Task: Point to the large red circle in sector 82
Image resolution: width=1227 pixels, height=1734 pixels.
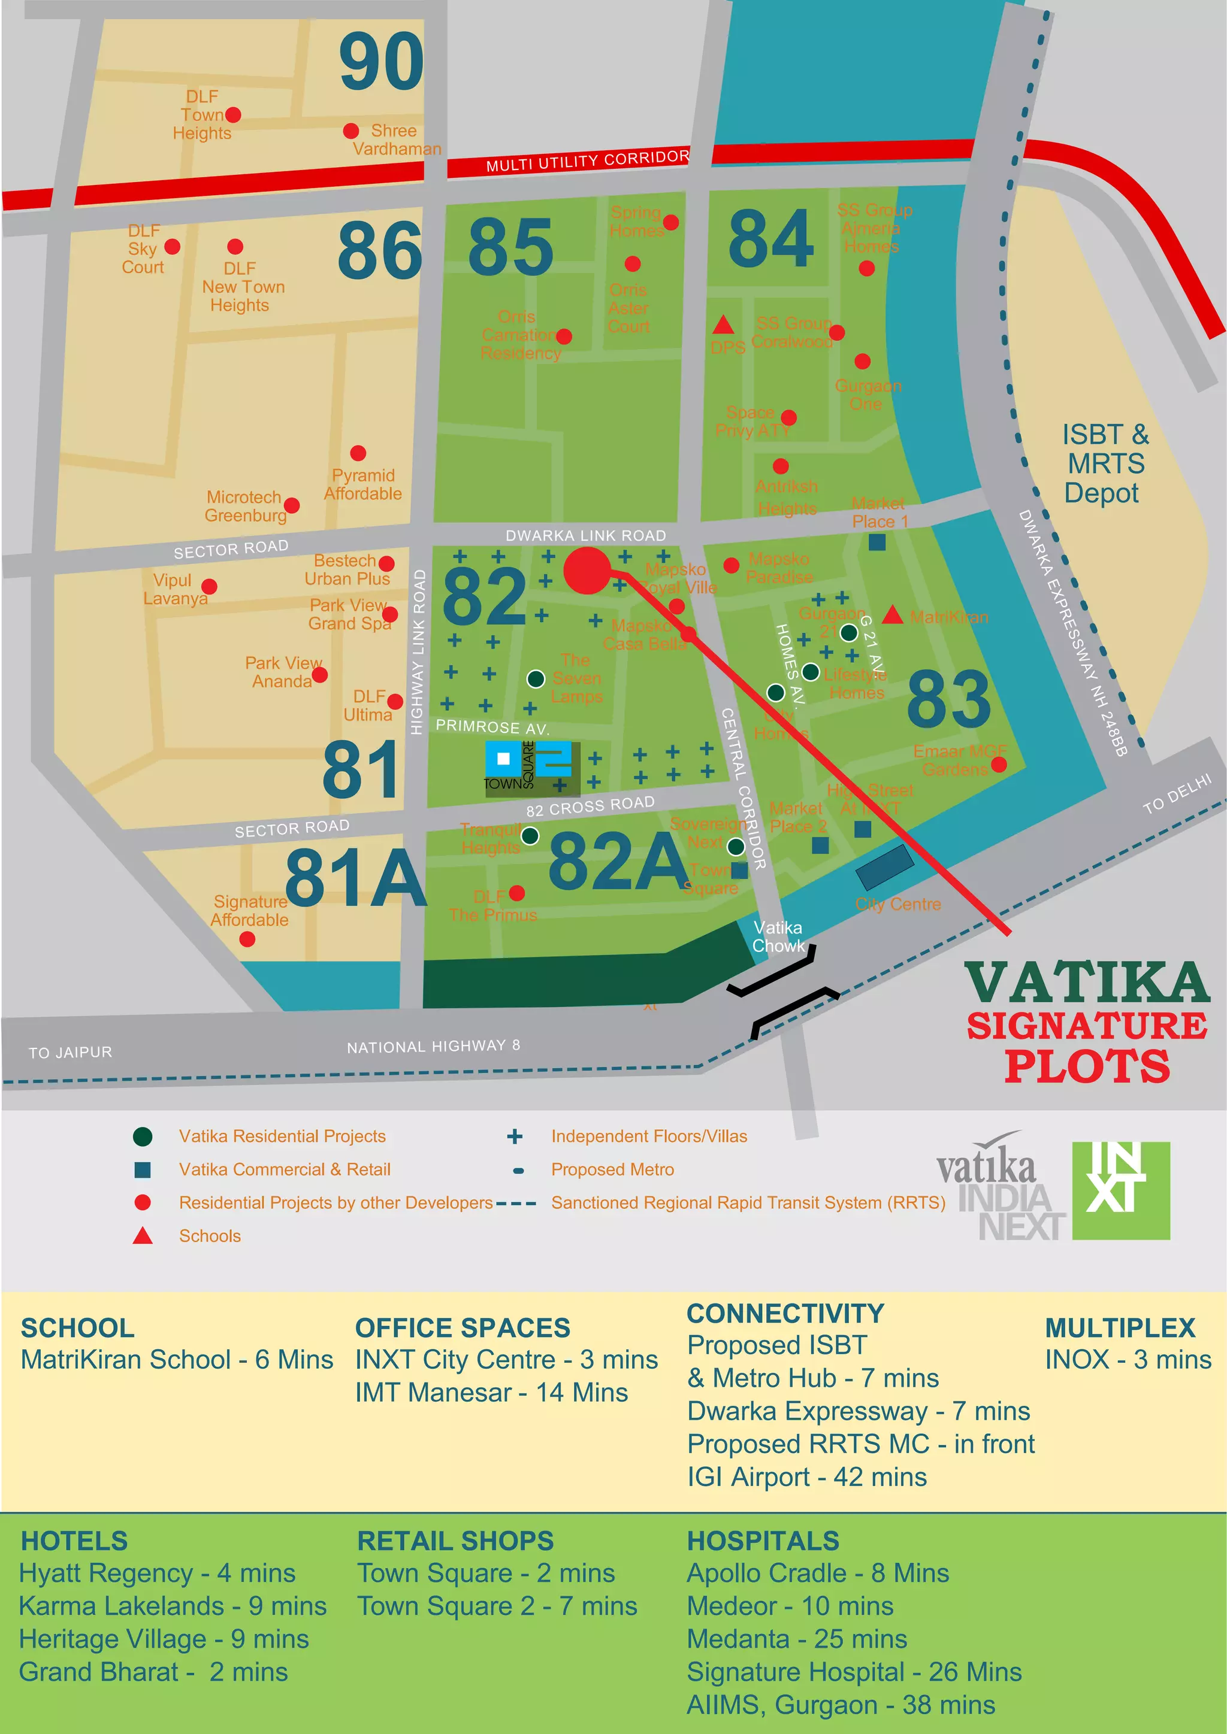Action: point(587,571)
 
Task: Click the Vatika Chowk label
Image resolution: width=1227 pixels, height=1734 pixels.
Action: point(778,936)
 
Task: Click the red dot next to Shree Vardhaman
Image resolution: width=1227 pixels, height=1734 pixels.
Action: point(350,131)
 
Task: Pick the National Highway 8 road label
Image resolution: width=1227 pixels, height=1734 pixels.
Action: point(433,1046)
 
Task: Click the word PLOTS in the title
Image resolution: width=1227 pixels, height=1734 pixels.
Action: point(1086,1066)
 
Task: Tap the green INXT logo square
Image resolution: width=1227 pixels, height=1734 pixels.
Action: point(1120,1190)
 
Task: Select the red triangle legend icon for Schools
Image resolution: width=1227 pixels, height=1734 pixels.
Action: point(143,1236)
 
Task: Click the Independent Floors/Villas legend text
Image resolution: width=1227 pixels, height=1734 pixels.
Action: point(648,1136)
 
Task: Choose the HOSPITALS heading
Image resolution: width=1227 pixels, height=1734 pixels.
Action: point(762,1541)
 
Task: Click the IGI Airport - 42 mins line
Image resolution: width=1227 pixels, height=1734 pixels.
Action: point(806,1477)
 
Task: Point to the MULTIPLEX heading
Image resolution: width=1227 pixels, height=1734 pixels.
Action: point(1120,1327)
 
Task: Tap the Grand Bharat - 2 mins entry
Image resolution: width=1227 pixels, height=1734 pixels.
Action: point(153,1671)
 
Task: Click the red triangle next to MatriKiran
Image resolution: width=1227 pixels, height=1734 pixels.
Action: point(892,616)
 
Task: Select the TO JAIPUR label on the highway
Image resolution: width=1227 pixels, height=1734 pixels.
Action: point(70,1052)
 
